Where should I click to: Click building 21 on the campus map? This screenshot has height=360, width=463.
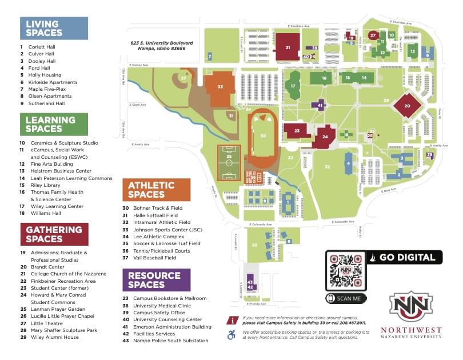288,47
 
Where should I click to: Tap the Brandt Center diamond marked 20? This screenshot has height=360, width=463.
407,106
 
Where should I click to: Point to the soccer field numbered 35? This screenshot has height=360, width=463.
229,157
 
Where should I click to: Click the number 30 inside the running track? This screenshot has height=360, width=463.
262,136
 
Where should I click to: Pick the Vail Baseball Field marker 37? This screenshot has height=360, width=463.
183,78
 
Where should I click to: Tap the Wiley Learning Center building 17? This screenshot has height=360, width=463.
293,86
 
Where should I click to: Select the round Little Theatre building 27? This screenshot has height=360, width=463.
373,35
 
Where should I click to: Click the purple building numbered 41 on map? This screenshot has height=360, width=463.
320,105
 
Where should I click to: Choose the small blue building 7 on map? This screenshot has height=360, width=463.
210,56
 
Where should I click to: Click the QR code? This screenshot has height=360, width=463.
345,270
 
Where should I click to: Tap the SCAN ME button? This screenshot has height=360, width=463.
346,298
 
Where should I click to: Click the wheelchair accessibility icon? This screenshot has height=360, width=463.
231,335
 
